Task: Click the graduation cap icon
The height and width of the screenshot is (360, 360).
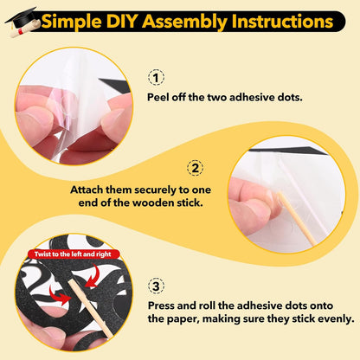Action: pos(22,18)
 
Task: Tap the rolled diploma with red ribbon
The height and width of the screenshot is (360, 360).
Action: pos(23,29)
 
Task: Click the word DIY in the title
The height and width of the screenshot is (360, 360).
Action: pos(122,22)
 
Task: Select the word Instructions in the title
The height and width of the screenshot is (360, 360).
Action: pos(282,22)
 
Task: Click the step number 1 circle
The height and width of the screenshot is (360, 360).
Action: pos(156,77)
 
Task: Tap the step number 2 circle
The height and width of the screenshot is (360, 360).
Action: pos(195,168)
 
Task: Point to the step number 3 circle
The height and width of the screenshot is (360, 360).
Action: pos(156,286)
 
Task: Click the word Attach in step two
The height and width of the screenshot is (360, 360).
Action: pos(87,190)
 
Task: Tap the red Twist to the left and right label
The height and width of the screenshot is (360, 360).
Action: pos(74,254)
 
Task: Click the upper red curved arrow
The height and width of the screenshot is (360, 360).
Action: pos(93,276)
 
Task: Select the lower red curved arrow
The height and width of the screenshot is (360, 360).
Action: pos(60,295)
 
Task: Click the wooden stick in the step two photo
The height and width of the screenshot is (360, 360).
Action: pos(296,219)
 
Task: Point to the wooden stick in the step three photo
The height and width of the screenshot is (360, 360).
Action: pos(90,309)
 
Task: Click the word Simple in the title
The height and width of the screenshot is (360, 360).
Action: pos(71,22)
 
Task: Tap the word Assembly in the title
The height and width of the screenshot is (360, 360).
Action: pos(185,22)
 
